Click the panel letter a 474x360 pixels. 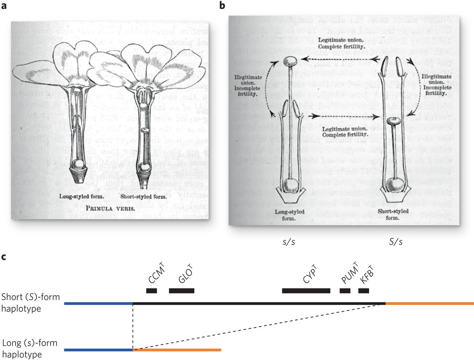[4, 6]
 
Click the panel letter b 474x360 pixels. [222, 6]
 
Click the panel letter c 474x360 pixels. [4, 257]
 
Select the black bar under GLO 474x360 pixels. [181, 291]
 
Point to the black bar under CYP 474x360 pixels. [306, 291]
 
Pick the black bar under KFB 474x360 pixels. [363, 291]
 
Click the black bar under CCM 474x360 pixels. [152, 291]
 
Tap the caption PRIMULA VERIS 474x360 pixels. [110, 208]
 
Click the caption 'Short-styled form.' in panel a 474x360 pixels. [143, 196]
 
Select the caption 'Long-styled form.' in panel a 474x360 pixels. [82, 196]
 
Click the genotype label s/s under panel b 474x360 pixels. [289, 242]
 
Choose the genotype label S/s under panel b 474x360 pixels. [396, 242]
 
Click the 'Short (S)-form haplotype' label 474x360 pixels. [31, 303]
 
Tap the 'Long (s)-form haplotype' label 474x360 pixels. [30, 348]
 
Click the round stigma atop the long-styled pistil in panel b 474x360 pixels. [290, 62]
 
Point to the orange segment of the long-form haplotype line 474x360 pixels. [177, 349]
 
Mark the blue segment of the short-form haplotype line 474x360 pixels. [99, 303]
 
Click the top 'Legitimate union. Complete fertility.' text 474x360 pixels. [341, 43]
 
